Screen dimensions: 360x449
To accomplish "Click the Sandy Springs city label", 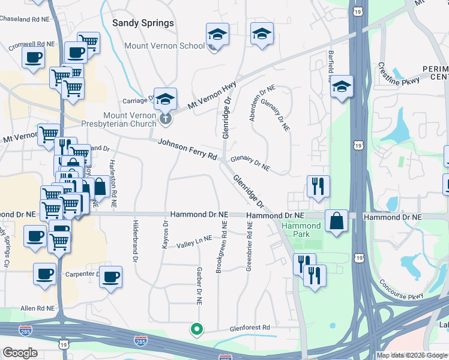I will (x=143, y=23).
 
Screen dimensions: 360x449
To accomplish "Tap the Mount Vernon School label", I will (x=164, y=46).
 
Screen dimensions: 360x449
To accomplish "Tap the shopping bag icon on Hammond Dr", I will (x=336, y=220).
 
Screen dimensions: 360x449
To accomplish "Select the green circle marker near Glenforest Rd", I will (x=196, y=328).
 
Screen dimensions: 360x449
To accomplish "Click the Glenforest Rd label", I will (x=250, y=328).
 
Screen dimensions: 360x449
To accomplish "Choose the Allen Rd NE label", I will (x=37, y=308).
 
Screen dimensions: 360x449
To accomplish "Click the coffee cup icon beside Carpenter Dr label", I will (x=110, y=277).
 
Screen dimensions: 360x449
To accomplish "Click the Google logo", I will (x=20, y=353).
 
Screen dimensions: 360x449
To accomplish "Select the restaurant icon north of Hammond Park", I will (x=318, y=186).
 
